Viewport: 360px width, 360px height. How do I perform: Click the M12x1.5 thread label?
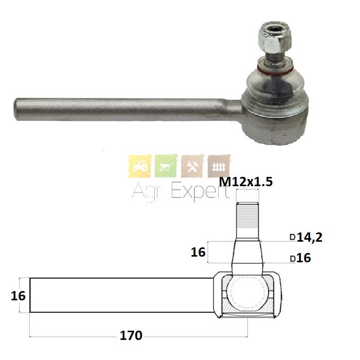[x=246, y=182]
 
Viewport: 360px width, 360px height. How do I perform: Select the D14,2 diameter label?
[x=306, y=237]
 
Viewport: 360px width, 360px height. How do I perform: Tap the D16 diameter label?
[x=300, y=258]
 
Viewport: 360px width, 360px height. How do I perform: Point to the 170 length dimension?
[x=131, y=335]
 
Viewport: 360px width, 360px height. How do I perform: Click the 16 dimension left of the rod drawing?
[x=18, y=296]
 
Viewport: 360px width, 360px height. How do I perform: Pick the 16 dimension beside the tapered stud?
[x=198, y=252]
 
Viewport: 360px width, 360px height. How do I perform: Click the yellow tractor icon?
[x=140, y=166]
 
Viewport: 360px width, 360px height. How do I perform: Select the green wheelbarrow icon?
[x=166, y=166]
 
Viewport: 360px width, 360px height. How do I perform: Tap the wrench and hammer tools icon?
[x=192, y=166]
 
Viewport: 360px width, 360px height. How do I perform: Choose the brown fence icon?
[x=219, y=166]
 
